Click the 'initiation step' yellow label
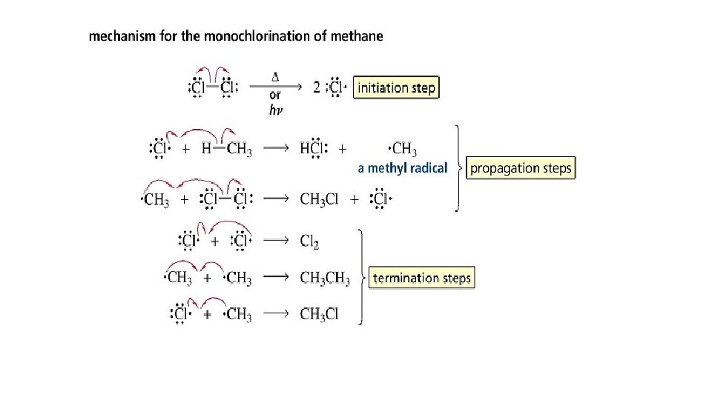pos(396,87)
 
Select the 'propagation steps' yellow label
pos(521,168)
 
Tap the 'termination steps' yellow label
pos(421,279)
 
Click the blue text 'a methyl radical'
pos(403,168)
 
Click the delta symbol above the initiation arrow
pos(275,76)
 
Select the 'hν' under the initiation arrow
pos(274,110)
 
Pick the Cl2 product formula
pos(310,241)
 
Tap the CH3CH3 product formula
pos(325,278)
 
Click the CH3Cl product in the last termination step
pos(320,314)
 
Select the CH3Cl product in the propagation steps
pos(320,199)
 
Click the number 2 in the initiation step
pos(317,87)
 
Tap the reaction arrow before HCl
pos(276,149)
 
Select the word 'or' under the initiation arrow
pos(274,95)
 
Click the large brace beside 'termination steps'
pos(361,277)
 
